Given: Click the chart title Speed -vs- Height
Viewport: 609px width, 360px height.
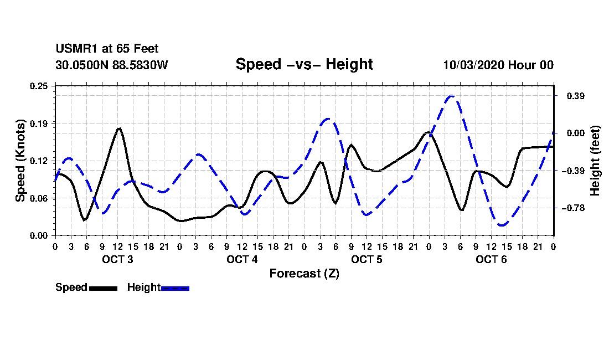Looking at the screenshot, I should click(x=304, y=64).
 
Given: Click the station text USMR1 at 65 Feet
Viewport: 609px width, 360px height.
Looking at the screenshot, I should click(x=107, y=49).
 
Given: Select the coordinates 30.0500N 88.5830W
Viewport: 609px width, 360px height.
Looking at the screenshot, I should click(x=111, y=65).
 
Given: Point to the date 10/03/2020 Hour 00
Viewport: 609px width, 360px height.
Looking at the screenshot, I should click(x=498, y=65).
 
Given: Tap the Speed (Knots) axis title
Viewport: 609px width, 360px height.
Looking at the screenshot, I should click(x=20, y=161).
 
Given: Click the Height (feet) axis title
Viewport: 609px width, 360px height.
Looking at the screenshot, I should click(x=595, y=161).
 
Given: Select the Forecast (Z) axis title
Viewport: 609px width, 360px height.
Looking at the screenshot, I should click(x=304, y=273).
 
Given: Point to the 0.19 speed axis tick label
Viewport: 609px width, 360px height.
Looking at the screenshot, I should click(x=40, y=123).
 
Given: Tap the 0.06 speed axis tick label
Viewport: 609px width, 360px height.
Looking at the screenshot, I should click(x=40, y=198).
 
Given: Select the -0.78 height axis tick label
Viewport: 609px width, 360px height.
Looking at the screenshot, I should click(x=569, y=208).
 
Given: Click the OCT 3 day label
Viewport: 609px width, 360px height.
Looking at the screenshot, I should click(x=117, y=259).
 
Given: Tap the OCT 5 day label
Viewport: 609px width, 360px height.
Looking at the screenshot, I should click(x=367, y=259).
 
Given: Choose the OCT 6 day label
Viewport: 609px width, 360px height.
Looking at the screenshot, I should click(x=491, y=259).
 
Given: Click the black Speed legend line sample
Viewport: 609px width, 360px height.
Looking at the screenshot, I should click(x=103, y=288).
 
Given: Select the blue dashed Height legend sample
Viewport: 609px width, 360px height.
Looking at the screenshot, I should click(x=175, y=288).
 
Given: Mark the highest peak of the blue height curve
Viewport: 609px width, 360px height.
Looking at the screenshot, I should click(x=452, y=96).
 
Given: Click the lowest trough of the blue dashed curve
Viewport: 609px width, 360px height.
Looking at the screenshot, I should click(x=502, y=225).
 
